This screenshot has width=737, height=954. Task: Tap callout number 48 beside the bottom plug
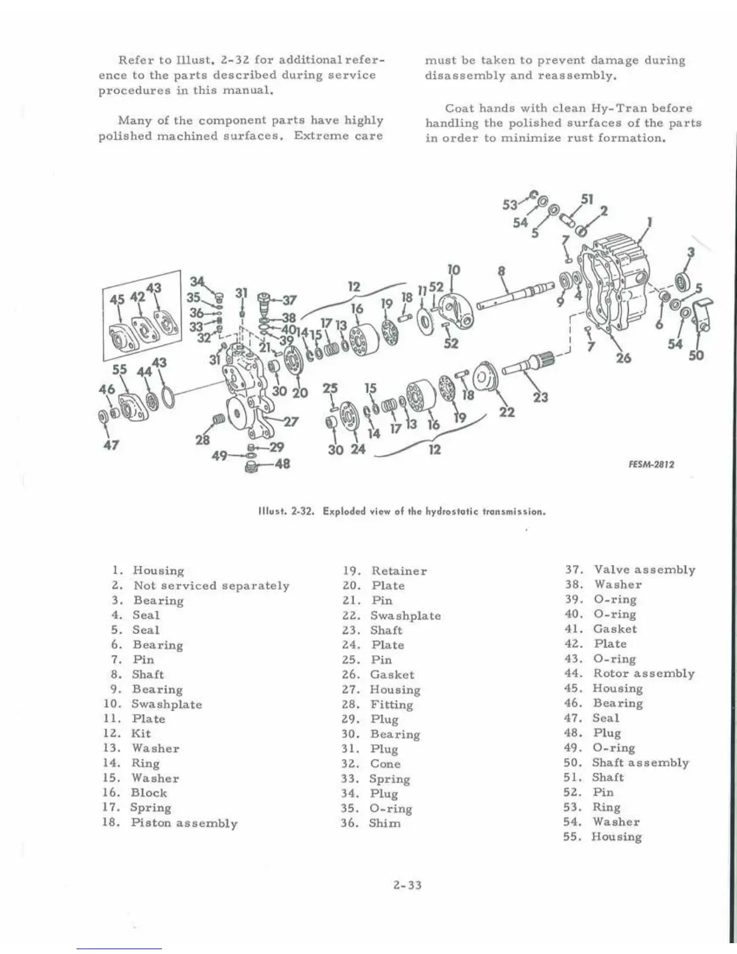tap(282, 464)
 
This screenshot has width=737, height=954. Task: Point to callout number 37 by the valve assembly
tap(289, 299)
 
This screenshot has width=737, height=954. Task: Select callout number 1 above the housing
tap(649, 222)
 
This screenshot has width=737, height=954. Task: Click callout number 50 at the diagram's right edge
tap(696, 355)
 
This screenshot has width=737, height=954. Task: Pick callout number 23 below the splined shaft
tap(540, 397)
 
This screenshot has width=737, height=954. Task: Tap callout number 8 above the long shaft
tap(501, 272)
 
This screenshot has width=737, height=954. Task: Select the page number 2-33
tap(407, 885)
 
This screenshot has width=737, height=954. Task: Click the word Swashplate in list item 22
tap(405, 616)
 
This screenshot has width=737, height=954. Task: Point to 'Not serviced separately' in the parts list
tap(211, 585)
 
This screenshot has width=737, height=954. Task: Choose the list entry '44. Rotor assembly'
tap(629, 673)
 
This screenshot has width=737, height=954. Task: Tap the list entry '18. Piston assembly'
tap(169, 823)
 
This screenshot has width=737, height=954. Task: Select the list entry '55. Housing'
tap(603, 837)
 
